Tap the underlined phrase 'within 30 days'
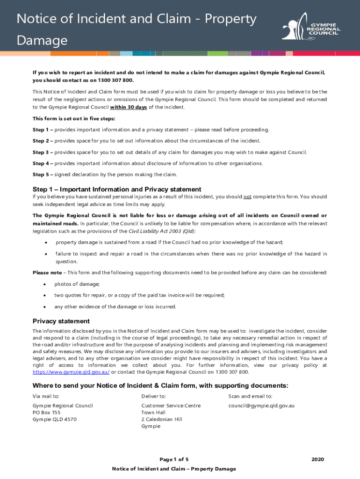[128, 107]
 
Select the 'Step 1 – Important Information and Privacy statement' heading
[117, 189]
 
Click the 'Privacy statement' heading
[61, 321]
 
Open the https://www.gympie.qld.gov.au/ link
[71, 372]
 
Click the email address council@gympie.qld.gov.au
[261, 406]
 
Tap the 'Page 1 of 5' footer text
[174, 459]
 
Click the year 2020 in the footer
[317, 459]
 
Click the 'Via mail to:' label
[46, 396]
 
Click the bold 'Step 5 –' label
[43, 174]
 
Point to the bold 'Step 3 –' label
[43, 152]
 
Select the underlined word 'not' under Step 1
[247, 197]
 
